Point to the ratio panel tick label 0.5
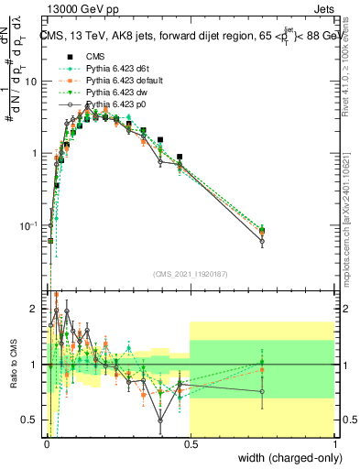click(32, 420)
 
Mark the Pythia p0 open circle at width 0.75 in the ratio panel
click(262, 391)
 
